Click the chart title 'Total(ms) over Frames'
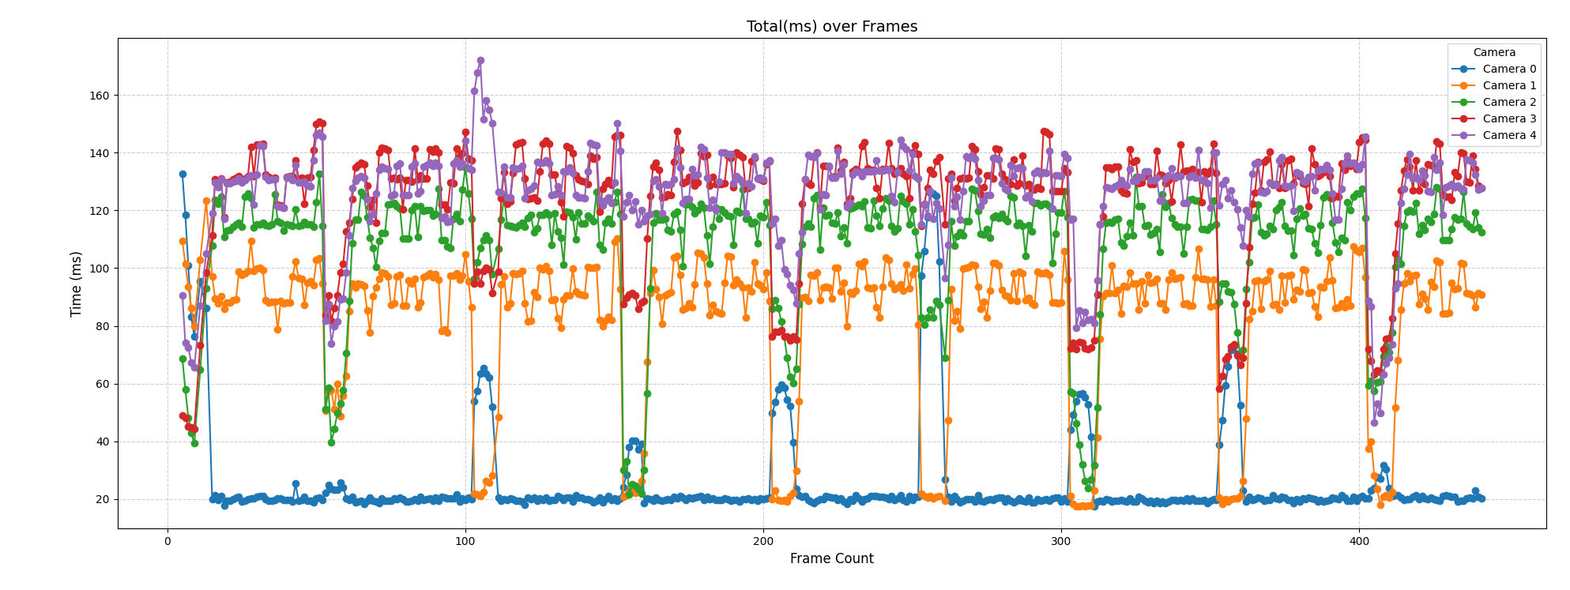[x=831, y=27]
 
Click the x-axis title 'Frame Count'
[x=831, y=559]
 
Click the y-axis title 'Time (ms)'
[x=77, y=284]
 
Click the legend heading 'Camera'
[x=1494, y=53]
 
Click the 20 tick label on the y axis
[x=101, y=500]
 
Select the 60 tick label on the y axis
[x=101, y=385]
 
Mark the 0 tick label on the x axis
[x=168, y=542]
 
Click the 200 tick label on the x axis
[x=763, y=542]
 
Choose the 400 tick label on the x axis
[x=1359, y=542]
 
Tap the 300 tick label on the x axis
[x=1061, y=542]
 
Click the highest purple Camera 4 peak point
[x=480, y=61]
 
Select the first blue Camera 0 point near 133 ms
[x=183, y=174]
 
